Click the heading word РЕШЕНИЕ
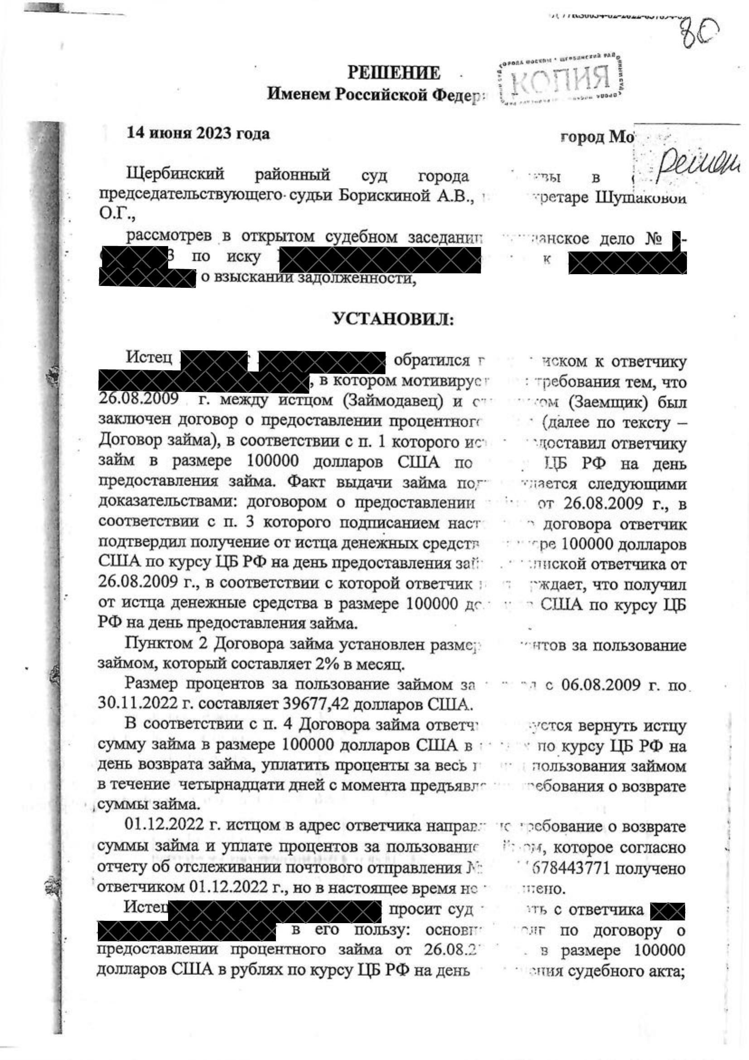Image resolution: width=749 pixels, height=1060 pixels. point(394,73)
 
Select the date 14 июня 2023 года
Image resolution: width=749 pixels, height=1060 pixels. point(198,134)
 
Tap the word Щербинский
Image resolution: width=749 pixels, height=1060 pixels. point(175,174)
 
